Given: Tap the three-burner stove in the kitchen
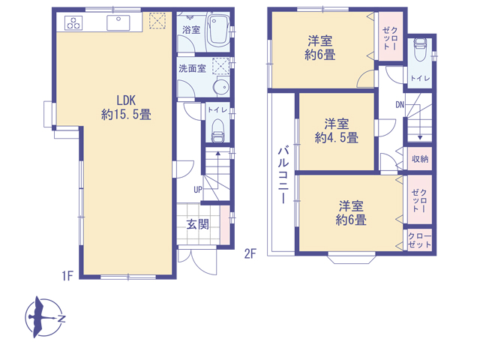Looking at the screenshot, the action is coord(73,23).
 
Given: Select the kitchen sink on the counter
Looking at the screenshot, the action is coord(118,23).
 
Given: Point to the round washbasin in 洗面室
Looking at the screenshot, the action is coord(221,87).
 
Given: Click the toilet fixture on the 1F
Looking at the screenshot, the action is coord(218,131).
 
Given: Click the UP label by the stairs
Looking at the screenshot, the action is coord(198,190).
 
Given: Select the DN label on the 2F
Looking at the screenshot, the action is coord(400,105).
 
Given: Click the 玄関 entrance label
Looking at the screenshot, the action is coord(198,224).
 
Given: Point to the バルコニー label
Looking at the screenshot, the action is coord(283,175).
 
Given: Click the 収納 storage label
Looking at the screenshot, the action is coord(420,159).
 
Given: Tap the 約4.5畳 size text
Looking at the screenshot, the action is coord(337,138).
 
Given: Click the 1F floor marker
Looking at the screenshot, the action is coord(67,276).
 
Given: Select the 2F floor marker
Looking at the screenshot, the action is coord(250,253).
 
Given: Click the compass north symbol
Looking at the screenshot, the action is coord(44,316).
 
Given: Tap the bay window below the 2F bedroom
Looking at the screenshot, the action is coord(352,258).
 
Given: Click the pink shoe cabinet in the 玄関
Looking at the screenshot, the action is coord(225,225).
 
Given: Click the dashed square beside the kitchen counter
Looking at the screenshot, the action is coord(157,20).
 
